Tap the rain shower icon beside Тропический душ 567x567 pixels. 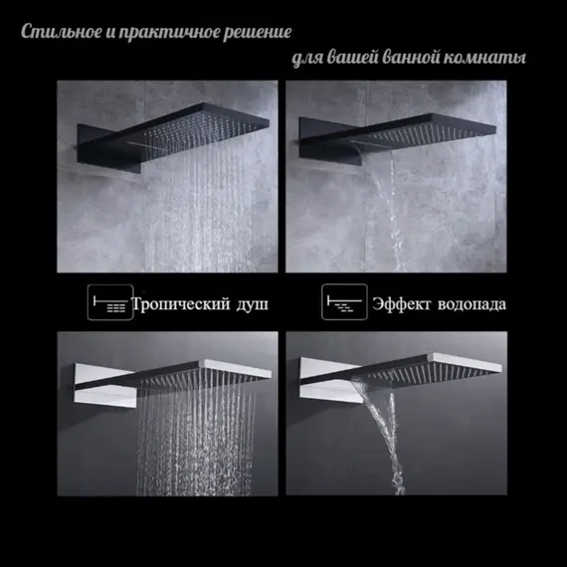108,302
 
